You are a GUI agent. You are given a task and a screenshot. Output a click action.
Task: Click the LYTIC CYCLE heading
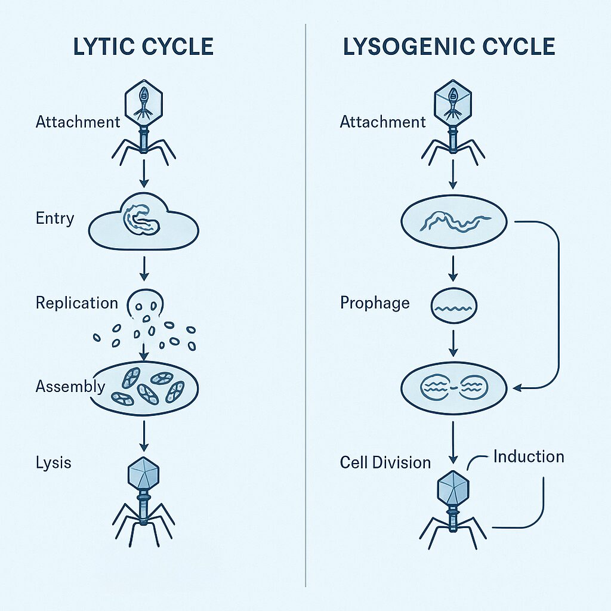click(143, 47)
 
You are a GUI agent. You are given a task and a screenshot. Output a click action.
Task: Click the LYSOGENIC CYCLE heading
click(449, 47)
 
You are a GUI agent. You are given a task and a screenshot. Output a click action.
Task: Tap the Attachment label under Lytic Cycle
click(78, 122)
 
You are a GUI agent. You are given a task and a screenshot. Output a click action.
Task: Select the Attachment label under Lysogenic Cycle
click(382, 122)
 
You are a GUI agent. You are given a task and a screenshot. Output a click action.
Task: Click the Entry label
click(55, 218)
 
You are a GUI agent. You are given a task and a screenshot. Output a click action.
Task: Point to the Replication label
click(77, 303)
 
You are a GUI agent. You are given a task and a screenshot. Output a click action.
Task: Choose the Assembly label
click(70, 387)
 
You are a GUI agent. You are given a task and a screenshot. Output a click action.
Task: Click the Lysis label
click(53, 462)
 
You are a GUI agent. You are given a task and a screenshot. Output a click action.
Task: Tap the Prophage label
click(375, 303)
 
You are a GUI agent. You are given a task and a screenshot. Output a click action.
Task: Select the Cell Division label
click(385, 462)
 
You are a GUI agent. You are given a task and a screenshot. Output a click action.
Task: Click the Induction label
click(529, 457)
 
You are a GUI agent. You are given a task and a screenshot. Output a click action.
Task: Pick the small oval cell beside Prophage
click(453, 307)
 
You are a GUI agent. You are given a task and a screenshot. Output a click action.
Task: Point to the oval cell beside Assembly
click(143, 388)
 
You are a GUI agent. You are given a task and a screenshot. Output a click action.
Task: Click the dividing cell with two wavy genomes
click(453, 388)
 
